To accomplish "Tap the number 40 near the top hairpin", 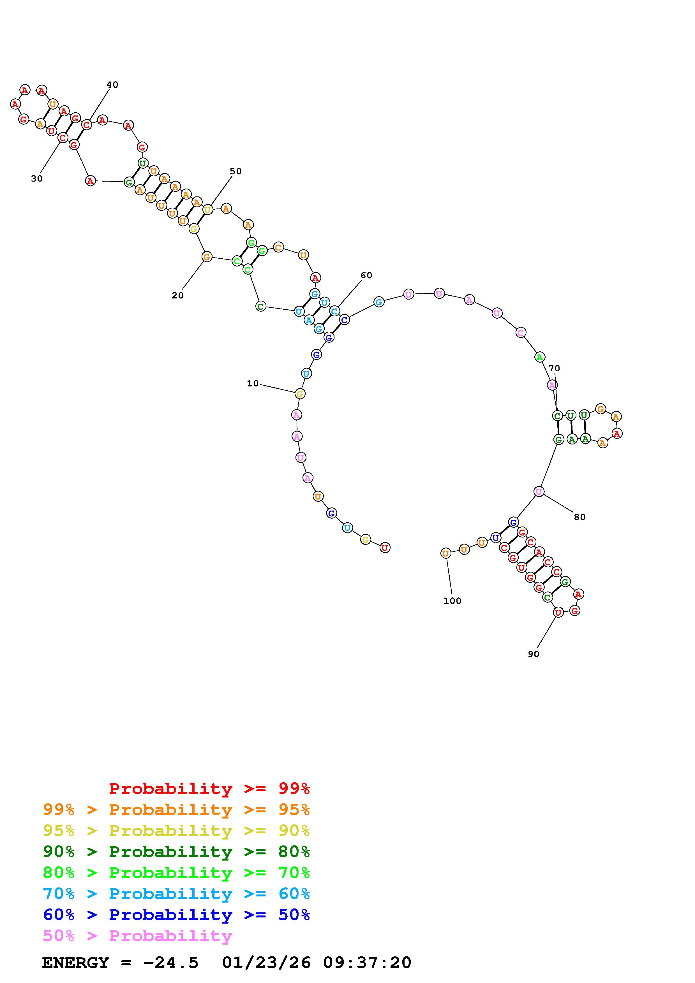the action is pos(112,85).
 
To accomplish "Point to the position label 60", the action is pos(366,275).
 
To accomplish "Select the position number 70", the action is pos(554,368).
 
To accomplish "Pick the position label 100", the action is pos(452,601).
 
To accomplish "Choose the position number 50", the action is pos(235,171).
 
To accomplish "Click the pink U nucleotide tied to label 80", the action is pos(539,492).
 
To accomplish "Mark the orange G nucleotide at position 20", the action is pos(207,257).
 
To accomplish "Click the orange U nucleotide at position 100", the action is pos(445,553).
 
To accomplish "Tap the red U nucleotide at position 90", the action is pos(558,613).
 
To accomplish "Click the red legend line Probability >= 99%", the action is pos(209,788).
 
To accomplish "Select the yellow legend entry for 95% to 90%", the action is pos(176,830).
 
